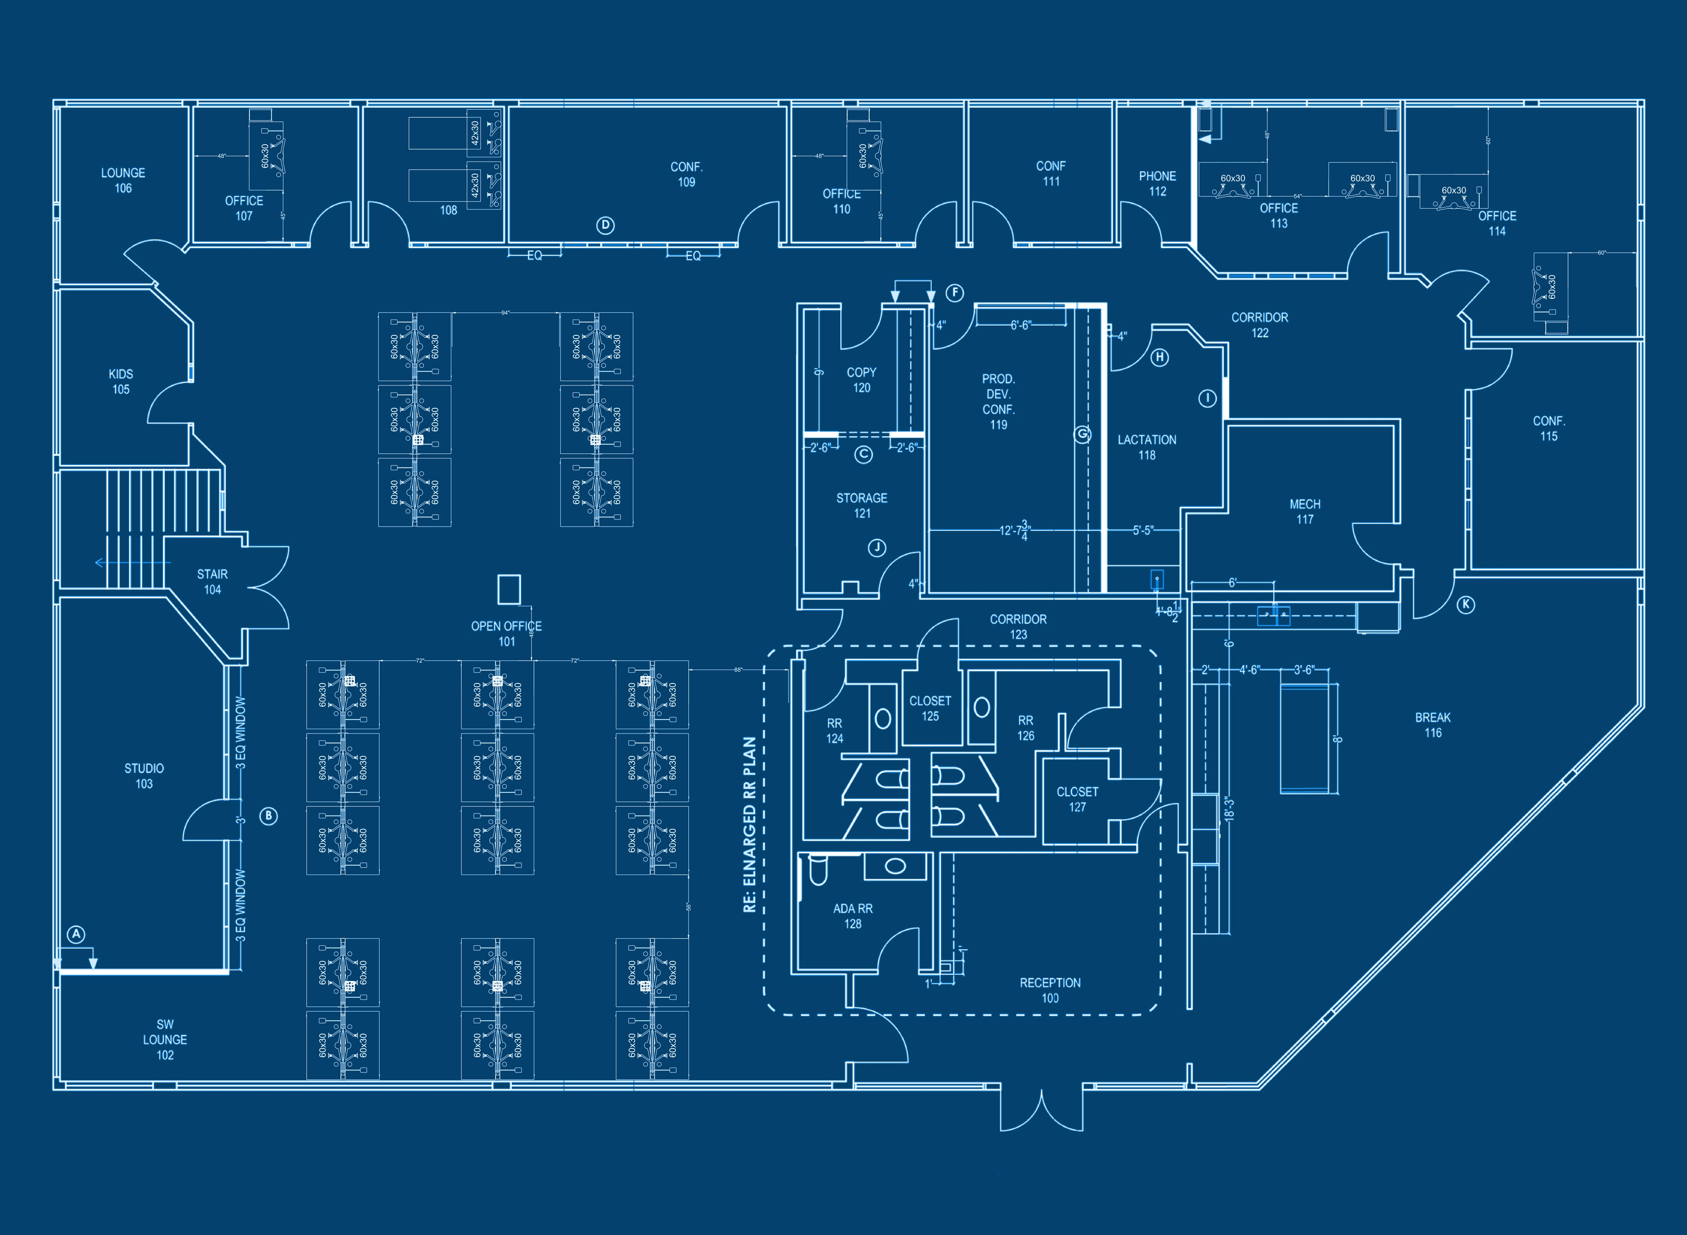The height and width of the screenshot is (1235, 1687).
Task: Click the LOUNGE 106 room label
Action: point(123,180)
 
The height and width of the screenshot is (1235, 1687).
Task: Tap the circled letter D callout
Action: point(606,225)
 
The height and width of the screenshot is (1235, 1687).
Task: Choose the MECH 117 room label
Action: point(1304,511)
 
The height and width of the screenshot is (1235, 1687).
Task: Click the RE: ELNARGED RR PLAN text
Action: point(749,825)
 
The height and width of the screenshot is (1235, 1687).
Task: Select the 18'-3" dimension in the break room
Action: point(1229,809)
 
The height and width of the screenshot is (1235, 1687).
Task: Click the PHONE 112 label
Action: point(1157,183)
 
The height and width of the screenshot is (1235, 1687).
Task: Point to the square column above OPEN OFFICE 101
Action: point(509,589)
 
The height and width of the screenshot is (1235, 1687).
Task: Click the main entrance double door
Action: point(1042,1109)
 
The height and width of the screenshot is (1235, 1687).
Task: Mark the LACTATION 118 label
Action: point(1147,447)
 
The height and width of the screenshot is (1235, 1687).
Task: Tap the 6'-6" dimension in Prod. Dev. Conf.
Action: point(1021,325)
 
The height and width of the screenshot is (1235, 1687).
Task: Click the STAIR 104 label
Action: point(212,581)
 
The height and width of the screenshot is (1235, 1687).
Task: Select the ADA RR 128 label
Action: point(852,916)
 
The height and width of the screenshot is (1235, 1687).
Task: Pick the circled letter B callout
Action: point(268,816)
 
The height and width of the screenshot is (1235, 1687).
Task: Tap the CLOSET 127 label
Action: point(1077,799)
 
